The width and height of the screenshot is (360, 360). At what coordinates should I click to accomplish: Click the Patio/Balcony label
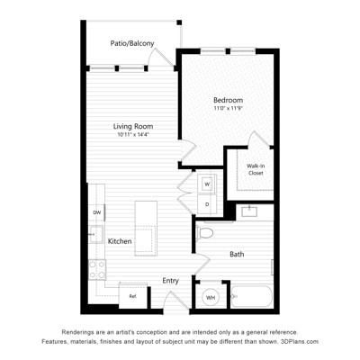(x=132, y=43)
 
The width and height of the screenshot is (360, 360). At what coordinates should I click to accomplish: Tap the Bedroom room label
(x=228, y=100)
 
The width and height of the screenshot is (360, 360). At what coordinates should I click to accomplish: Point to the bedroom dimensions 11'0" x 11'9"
(x=228, y=108)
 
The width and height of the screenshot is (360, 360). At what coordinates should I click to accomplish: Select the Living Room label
(x=133, y=126)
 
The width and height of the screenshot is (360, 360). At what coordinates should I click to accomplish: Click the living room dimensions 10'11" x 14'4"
(x=133, y=135)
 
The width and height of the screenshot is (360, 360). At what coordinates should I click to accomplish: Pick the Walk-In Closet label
(x=256, y=169)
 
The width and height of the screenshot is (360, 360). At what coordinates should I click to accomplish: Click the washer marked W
(x=207, y=184)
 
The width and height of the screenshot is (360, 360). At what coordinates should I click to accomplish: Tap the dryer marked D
(x=207, y=204)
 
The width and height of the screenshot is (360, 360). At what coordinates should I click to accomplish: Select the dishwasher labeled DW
(x=96, y=212)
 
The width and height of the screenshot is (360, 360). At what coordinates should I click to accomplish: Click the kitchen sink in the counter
(x=96, y=234)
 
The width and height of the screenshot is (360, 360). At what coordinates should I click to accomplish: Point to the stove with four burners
(x=97, y=270)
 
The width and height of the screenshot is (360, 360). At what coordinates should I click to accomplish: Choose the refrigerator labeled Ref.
(x=133, y=296)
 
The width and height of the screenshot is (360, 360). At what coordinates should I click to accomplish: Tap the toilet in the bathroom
(x=204, y=233)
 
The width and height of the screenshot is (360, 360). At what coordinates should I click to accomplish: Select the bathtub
(x=252, y=296)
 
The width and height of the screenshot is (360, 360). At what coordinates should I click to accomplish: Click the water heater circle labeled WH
(x=211, y=298)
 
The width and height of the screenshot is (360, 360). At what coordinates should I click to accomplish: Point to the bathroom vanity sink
(x=249, y=211)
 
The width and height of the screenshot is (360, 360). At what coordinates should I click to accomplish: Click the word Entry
(x=171, y=281)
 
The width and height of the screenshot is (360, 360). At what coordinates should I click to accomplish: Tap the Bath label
(x=237, y=255)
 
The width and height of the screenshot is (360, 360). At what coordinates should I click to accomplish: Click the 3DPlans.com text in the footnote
(x=299, y=341)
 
